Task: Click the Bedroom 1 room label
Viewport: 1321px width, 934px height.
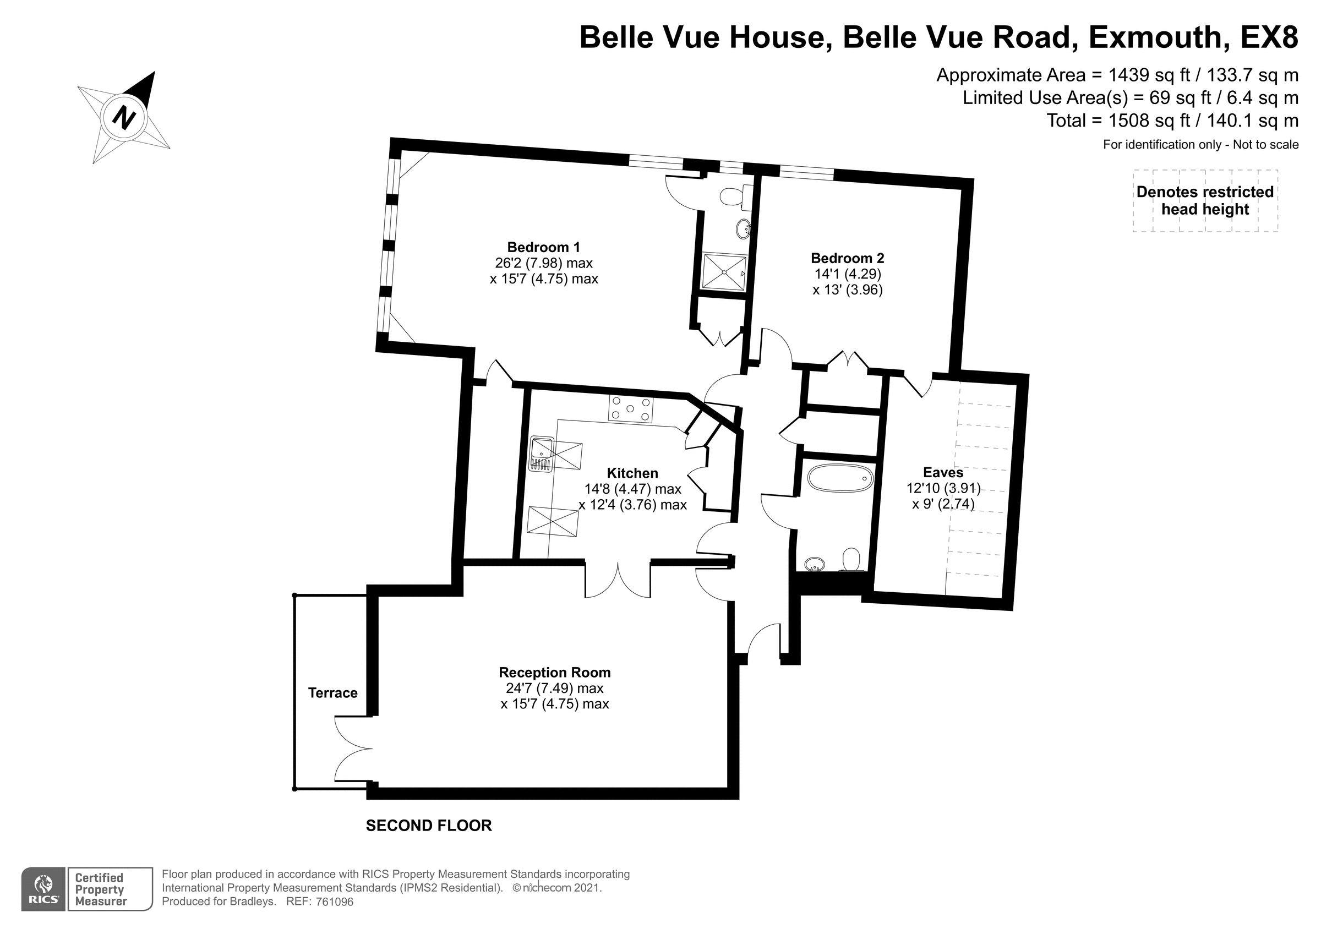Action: click(543, 248)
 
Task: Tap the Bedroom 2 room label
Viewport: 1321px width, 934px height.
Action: click(847, 258)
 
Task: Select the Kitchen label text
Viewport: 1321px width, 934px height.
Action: click(632, 473)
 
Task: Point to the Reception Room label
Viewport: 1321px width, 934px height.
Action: click(554, 672)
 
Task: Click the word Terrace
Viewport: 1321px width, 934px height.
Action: click(332, 692)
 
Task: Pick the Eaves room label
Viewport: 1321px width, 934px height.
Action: click(942, 472)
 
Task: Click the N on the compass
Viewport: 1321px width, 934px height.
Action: click(123, 118)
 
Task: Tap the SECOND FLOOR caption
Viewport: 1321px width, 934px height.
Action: click(429, 826)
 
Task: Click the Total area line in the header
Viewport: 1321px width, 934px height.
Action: click(1172, 121)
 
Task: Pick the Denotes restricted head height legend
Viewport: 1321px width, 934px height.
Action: click(1205, 200)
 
